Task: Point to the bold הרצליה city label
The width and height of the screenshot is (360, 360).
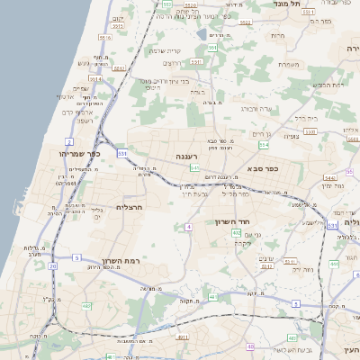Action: (x=130, y=207)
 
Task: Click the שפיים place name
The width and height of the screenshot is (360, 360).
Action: (x=80, y=88)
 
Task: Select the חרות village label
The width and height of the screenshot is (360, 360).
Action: (x=277, y=35)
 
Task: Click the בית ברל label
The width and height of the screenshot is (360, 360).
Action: (x=307, y=117)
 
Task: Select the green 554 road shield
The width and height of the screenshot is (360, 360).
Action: (x=264, y=144)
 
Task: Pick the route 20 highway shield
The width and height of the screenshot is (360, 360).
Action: (x=53, y=266)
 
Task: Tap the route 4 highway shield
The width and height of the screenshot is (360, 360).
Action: (x=189, y=227)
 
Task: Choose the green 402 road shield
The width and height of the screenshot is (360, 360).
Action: (x=237, y=233)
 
